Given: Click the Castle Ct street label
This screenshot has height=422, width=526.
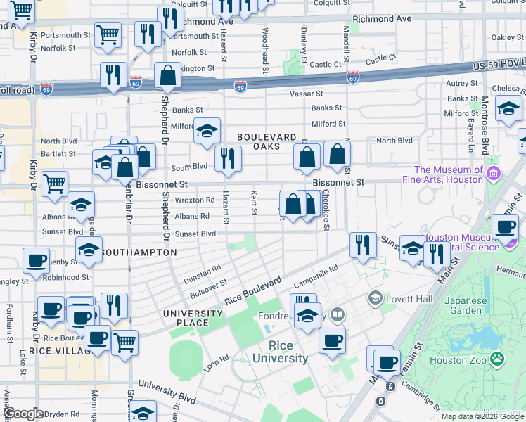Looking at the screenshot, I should (x=325, y=64).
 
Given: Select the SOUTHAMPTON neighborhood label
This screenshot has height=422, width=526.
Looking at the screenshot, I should (x=139, y=252).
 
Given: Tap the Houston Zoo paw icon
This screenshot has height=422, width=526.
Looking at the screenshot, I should (x=498, y=358).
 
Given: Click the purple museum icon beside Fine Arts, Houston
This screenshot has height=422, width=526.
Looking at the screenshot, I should (x=494, y=173).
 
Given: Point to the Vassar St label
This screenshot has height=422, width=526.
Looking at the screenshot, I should (x=306, y=94).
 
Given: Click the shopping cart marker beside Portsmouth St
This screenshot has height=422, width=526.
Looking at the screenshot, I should (x=108, y=34).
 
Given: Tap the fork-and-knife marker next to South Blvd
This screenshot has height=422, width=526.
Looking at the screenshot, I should (x=227, y=158).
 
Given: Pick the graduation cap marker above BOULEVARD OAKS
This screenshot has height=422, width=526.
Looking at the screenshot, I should (x=207, y=132).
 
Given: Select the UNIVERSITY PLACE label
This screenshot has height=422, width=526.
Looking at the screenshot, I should (x=186, y=318).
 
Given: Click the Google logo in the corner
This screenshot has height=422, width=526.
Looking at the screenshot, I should (x=23, y=414).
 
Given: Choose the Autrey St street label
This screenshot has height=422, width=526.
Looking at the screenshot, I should (x=462, y=83).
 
